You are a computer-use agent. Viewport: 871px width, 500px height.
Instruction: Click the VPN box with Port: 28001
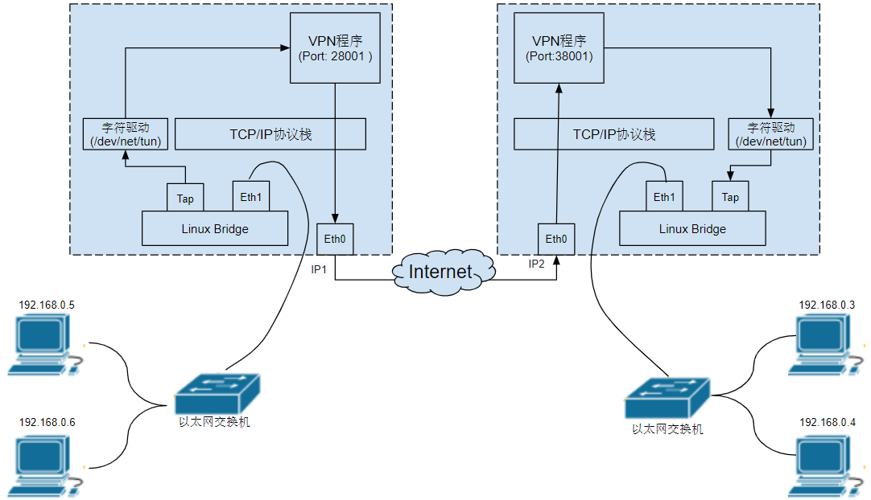(x=336, y=49)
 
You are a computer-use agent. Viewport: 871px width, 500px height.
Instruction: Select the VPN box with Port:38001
(x=559, y=49)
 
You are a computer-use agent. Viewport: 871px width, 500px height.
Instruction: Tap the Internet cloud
(x=440, y=271)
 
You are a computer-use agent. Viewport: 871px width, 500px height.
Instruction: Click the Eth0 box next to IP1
(x=335, y=239)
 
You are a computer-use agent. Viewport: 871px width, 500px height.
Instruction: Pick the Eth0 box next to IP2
(x=556, y=239)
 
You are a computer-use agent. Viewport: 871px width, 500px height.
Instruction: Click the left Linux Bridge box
(x=215, y=229)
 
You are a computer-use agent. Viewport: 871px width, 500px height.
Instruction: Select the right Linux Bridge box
(x=692, y=229)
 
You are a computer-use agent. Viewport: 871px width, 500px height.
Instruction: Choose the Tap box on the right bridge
(x=730, y=197)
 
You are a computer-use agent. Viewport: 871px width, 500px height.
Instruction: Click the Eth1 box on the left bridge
(x=251, y=196)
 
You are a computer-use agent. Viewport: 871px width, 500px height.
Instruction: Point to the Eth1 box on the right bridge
(x=665, y=197)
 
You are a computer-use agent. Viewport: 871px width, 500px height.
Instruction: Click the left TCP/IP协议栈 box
(x=270, y=134)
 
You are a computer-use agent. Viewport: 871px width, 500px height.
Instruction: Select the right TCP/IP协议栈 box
(x=613, y=134)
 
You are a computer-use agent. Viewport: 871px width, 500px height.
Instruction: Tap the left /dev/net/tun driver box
(x=126, y=134)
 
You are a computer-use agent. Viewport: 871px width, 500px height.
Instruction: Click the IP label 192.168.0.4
(x=827, y=422)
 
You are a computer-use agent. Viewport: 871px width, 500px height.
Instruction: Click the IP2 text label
(x=537, y=264)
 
